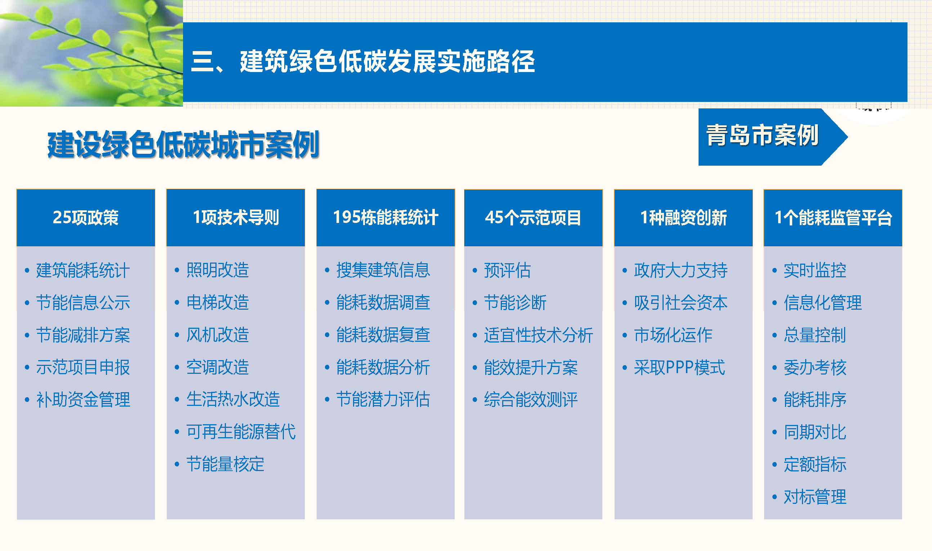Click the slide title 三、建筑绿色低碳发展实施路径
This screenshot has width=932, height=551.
tap(363, 61)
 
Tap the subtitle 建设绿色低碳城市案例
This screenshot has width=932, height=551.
tap(183, 144)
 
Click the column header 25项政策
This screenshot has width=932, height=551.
tap(85, 218)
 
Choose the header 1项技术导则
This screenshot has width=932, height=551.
tap(236, 218)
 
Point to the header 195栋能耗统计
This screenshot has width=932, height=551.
tap(385, 218)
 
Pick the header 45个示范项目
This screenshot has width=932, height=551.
tap(533, 218)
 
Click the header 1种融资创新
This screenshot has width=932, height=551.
tap(683, 218)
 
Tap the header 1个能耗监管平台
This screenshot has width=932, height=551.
tap(833, 218)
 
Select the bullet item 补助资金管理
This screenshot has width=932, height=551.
tap(83, 399)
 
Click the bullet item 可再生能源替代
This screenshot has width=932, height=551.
tap(241, 432)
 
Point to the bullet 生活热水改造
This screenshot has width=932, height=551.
tap(233, 399)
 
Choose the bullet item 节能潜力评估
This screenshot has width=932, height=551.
tap(383, 399)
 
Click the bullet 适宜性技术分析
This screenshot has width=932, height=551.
tap(538, 335)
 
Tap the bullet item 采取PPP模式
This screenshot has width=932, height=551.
tap(679, 368)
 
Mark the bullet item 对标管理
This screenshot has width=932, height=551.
tap(815, 497)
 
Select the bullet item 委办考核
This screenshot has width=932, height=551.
tap(815, 368)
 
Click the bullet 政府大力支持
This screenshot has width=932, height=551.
tap(681, 270)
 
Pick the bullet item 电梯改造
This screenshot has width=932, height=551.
tap(218, 302)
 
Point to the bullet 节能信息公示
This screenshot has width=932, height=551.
tap(83, 302)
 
